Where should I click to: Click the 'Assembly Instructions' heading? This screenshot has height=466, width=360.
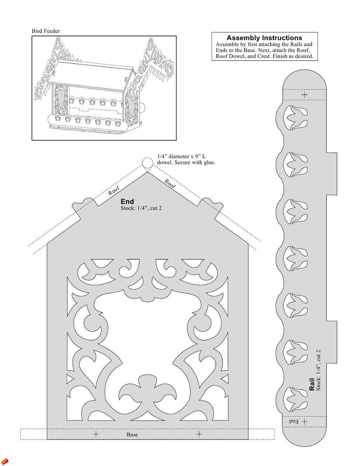(x=264, y=38)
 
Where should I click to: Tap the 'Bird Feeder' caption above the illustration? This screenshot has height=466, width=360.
(x=46, y=31)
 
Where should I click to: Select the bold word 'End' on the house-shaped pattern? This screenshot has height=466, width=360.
(x=127, y=202)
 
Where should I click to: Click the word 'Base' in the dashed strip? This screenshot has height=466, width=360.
(x=132, y=435)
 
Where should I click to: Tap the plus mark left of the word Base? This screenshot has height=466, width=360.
(x=96, y=434)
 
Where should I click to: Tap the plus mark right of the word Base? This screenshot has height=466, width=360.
(x=199, y=434)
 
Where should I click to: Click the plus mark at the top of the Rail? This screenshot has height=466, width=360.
(x=305, y=95)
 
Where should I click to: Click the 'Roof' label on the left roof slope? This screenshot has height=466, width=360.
(x=114, y=191)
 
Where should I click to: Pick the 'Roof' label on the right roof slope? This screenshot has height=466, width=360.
(x=170, y=184)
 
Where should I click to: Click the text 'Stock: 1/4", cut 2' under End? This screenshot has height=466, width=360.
(x=141, y=208)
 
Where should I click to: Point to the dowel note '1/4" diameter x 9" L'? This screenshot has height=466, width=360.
(x=187, y=156)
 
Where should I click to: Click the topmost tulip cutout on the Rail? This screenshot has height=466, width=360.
(x=296, y=117)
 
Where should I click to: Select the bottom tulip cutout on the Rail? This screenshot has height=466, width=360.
(x=296, y=399)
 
